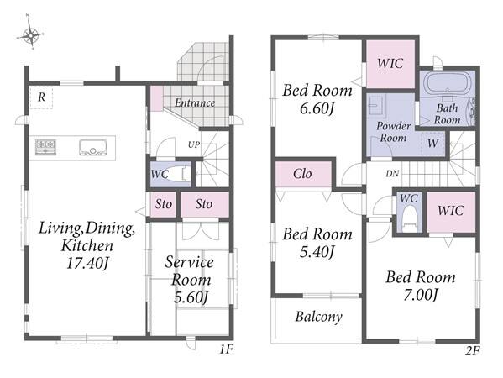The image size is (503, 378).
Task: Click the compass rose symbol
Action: coord(30,33)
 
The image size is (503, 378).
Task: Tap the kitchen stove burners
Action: coord(45,147)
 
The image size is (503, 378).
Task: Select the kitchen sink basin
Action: coord(92,148)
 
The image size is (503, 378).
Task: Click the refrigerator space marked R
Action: coord(41,97)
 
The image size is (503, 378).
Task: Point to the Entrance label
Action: coord(195,102)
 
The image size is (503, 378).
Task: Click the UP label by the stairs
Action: coord(194,144)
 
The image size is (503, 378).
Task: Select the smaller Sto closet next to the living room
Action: coord(163,204)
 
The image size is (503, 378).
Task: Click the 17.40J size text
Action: coord(86,263)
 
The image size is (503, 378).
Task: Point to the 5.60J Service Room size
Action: coord(191,297)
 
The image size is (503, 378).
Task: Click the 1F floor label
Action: coord(226,349)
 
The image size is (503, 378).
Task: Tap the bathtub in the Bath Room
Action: coord(448,82)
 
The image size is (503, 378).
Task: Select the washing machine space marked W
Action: coord(432,144)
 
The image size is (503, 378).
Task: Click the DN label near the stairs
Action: coord(392,174)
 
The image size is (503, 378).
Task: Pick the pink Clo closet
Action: coord(303,174)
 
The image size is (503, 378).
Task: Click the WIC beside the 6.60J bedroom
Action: coord(390,64)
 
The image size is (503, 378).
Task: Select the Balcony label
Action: coord(318,317)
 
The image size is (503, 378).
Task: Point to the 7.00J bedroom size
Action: coord(420,295)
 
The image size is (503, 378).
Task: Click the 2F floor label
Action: coord(472,351)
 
